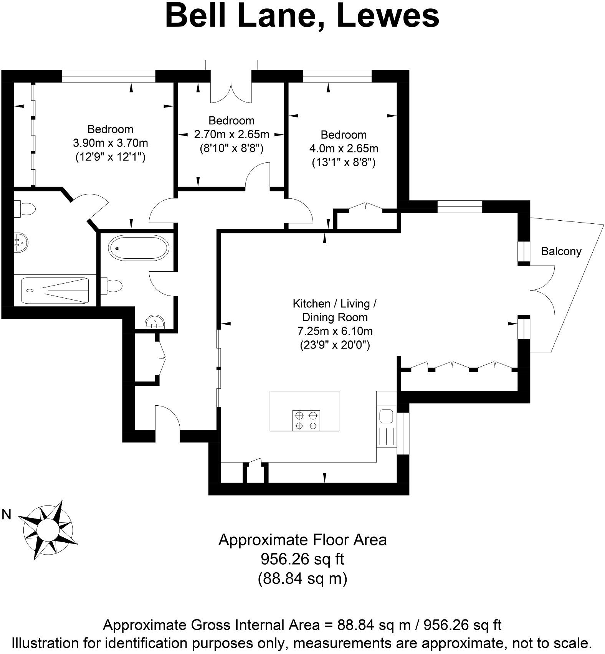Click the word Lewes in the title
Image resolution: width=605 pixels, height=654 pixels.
coord(388,16)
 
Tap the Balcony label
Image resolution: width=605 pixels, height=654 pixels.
coord(561,251)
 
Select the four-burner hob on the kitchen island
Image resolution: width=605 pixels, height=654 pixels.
coord(306,420)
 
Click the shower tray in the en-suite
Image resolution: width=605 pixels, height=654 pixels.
coord(55,291)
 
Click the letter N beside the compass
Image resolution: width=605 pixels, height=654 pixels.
coord(7,515)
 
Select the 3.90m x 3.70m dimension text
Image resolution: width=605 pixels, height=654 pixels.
coord(110,143)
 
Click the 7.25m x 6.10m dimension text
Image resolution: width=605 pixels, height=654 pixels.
coord(335,331)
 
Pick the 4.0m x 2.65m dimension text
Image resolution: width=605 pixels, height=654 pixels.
coord(344,149)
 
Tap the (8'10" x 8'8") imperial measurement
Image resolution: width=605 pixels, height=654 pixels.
coord(231,149)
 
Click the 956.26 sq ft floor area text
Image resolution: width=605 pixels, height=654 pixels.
coord(302,559)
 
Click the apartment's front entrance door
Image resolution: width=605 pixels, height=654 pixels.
coord(168,418)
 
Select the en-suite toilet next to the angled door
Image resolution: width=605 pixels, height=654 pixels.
coord(25,209)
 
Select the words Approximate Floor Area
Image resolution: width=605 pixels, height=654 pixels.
coord(302,540)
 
